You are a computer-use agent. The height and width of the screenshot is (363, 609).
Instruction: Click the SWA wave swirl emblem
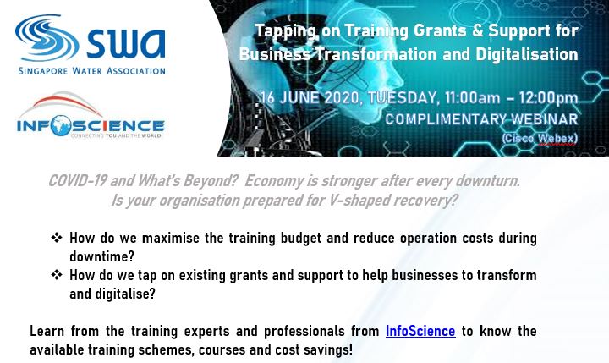point(47,38)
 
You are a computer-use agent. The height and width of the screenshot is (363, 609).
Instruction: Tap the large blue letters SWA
point(125,43)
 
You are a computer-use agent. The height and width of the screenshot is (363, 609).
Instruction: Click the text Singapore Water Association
point(91,71)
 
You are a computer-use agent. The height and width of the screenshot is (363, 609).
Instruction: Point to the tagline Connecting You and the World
point(117,135)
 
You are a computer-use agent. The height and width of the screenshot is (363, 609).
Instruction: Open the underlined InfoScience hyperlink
point(420,331)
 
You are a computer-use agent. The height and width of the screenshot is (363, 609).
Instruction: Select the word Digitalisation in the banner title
point(526,54)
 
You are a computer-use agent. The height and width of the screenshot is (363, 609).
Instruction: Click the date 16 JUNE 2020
point(310,97)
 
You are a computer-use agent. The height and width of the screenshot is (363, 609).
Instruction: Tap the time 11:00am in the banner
point(472,98)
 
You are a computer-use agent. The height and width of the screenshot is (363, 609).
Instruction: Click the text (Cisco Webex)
point(539,138)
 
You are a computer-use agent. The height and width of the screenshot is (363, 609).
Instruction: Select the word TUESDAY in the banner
point(403,97)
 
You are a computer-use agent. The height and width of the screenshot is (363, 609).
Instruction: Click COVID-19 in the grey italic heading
point(77,181)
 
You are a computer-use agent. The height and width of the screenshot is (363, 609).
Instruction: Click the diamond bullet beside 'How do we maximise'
point(57,238)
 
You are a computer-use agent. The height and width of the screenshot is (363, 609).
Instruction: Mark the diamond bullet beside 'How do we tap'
point(57,275)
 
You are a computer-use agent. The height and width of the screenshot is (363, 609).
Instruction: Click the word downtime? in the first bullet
point(101,256)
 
